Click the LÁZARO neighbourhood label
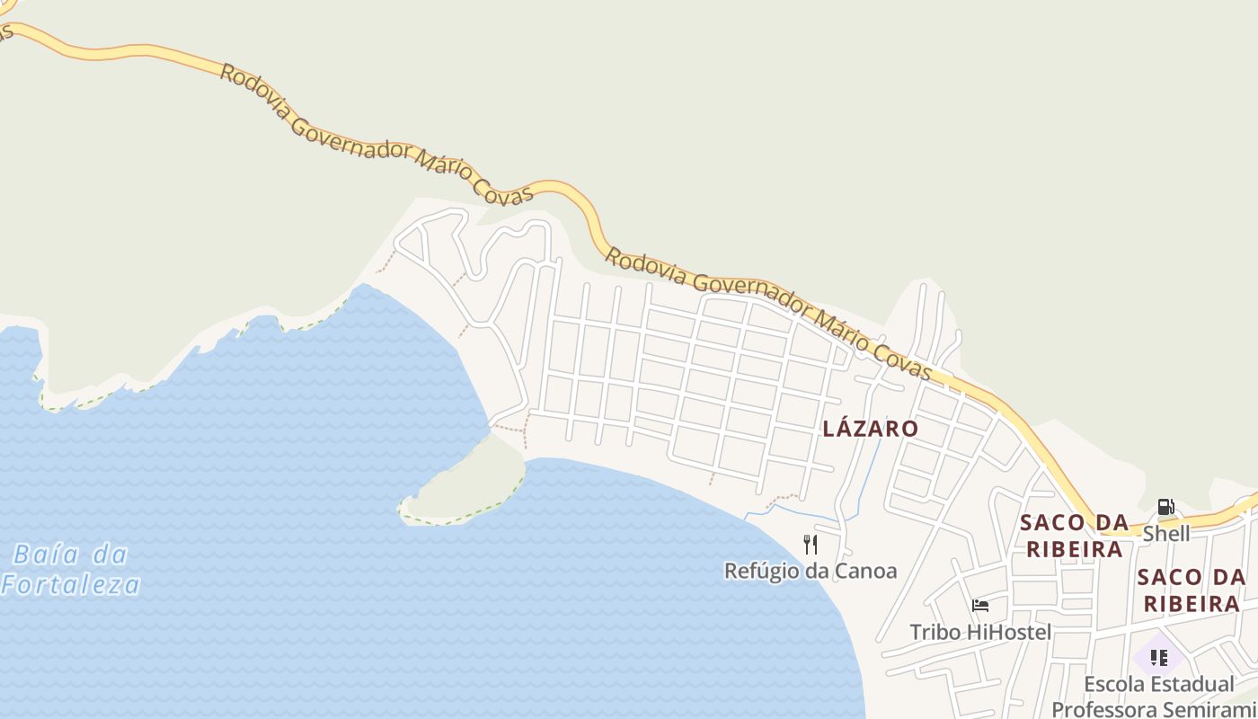click(x=870, y=429)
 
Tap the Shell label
click(x=1165, y=534)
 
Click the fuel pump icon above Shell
click(x=1165, y=507)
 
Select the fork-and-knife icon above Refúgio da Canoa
click(x=810, y=545)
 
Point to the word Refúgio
click(x=760, y=571)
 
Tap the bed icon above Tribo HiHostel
click(x=979, y=606)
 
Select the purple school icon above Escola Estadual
click(x=1158, y=657)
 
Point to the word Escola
click(x=1112, y=684)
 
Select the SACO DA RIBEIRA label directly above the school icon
click(x=1191, y=590)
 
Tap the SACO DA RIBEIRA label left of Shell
click(x=1074, y=536)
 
